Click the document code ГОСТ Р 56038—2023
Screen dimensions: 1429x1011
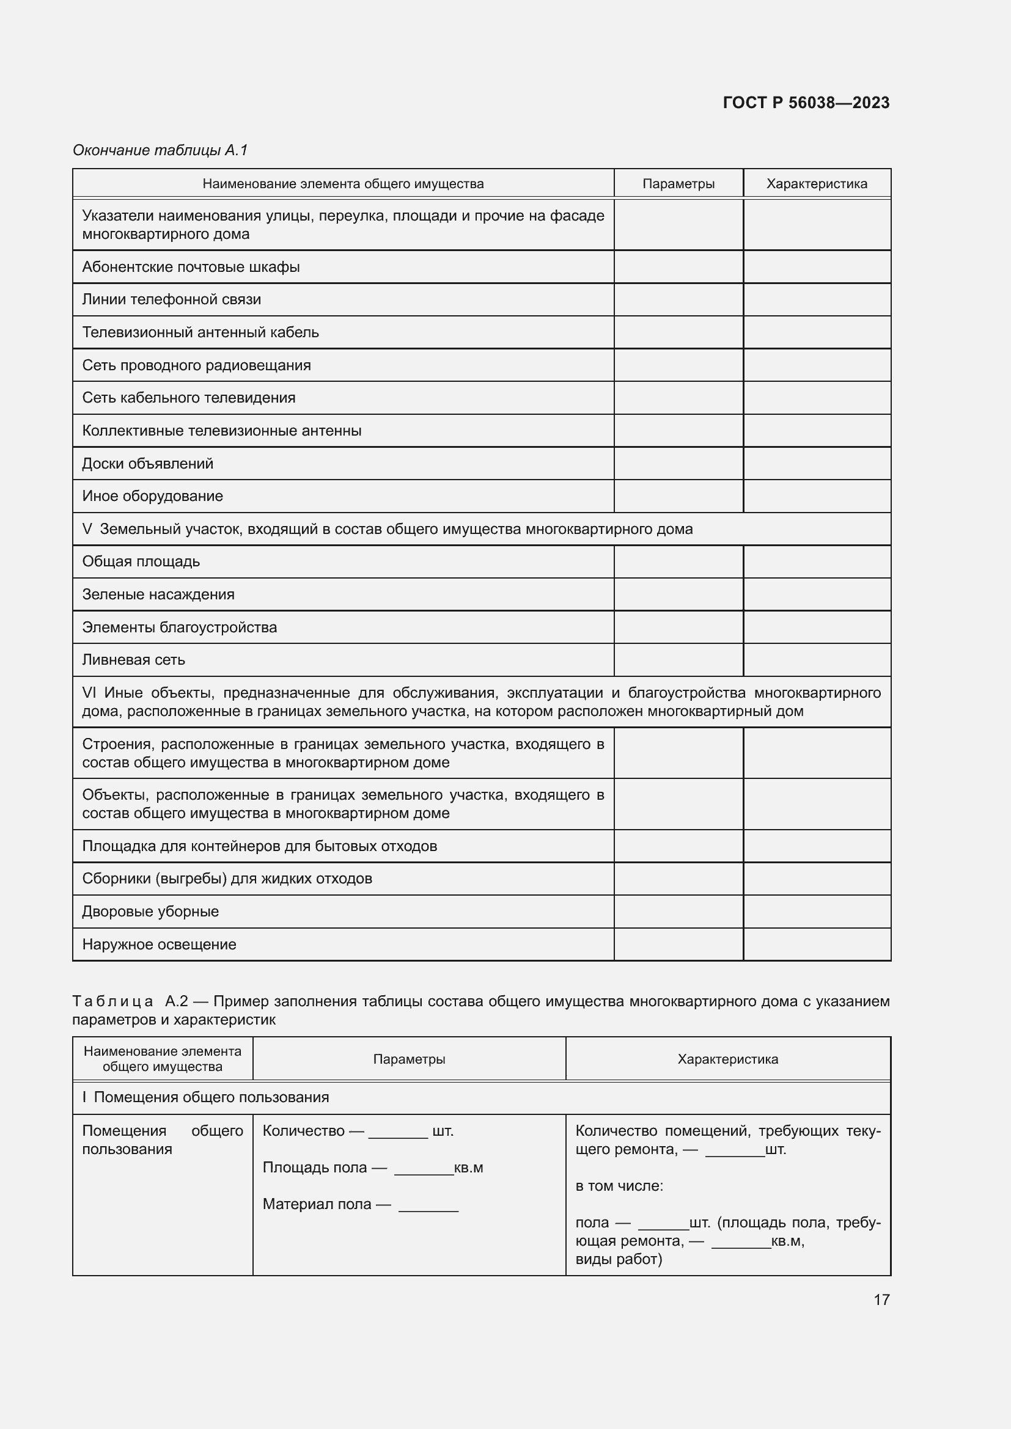[x=806, y=103]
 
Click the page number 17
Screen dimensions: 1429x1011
[x=881, y=1299]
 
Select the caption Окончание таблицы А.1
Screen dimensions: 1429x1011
[x=160, y=150]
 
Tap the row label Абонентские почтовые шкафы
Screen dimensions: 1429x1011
[x=191, y=267]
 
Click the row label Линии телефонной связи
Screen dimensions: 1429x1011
[x=171, y=299]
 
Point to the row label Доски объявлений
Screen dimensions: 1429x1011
[x=147, y=464]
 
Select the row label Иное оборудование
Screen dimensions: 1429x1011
[x=153, y=496]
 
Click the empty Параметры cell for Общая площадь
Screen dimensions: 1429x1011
[x=678, y=561]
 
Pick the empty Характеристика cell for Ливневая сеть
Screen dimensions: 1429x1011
[x=816, y=660]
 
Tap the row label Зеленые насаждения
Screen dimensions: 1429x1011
[x=158, y=594]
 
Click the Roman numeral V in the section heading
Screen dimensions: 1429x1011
[x=87, y=529]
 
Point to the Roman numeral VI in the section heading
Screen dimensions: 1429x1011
[x=89, y=693]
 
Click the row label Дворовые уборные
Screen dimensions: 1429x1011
[x=150, y=911]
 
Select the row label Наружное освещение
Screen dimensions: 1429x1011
[x=159, y=944]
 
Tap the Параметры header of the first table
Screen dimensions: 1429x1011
[x=678, y=184]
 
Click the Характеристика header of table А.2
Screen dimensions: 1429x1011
[x=727, y=1059]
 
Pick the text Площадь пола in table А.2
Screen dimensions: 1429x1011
[x=314, y=1167]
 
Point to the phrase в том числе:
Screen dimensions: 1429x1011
[x=619, y=1186]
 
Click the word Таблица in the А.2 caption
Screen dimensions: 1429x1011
[x=112, y=1001]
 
